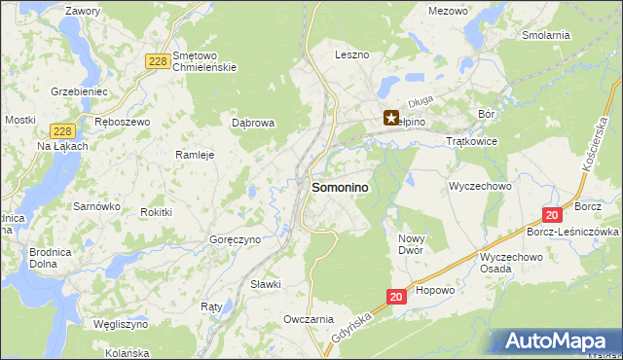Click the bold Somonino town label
(x=339, y=188)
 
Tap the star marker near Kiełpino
(x=391, y=119)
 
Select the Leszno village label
(x=351, y=55)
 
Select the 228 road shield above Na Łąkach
(x=62, y=130)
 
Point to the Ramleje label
(x=194, y=155)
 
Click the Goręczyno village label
(x=235, y=239)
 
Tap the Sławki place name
(x=265, y=284)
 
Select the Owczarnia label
(x=309, y=319)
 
